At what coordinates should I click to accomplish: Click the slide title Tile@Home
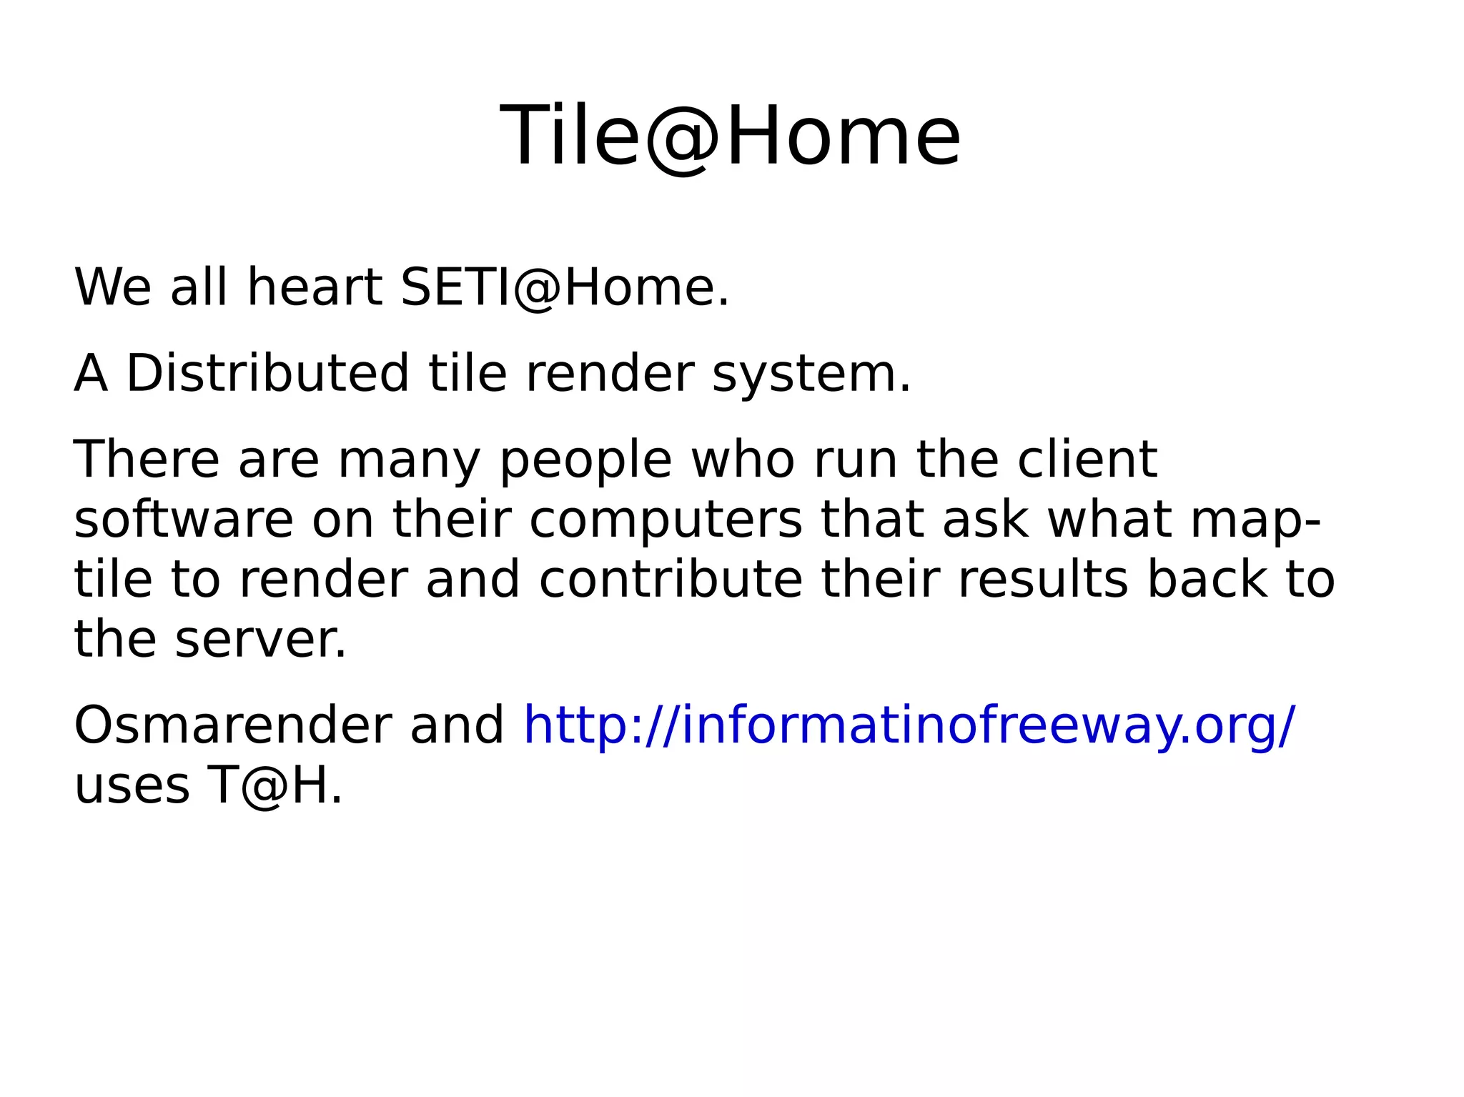[730, 136]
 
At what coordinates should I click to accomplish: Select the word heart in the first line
[314, 287]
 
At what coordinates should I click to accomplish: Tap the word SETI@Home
[565, 287]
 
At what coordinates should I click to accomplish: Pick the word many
[409, 461]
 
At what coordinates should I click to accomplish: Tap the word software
[184, 520]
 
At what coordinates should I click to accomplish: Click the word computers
[666, 521]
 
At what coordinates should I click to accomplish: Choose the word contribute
[671, 579]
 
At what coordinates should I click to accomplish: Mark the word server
[261, 639]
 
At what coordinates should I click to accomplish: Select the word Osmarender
[232, 725]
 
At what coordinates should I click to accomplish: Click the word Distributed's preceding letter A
[91, 374]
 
